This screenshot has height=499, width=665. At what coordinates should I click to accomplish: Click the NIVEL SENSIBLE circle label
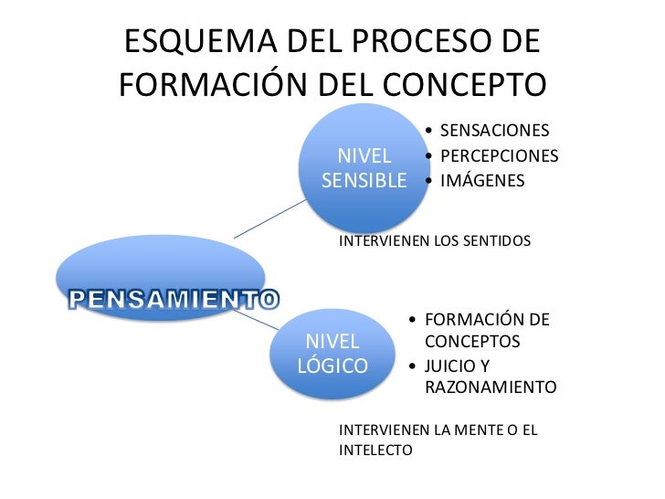point(364,167)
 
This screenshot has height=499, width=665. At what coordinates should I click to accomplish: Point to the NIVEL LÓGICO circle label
point(332,354)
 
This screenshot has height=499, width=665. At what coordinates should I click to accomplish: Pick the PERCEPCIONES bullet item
point(499,156)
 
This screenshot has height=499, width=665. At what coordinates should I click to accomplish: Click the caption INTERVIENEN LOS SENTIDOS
point(435,241)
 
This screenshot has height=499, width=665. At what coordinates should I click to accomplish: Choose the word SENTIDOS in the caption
point(497,241)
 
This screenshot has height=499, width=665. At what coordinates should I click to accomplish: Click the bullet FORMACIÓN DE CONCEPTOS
point(487,331)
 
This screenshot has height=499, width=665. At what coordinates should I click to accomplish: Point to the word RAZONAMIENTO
point(491,388)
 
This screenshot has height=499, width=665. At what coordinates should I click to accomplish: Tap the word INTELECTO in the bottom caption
point(375,451)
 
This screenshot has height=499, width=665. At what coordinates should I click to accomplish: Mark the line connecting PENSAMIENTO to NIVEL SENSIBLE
point(270,220)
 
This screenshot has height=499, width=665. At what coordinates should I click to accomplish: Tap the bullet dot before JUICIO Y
point(415,366)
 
